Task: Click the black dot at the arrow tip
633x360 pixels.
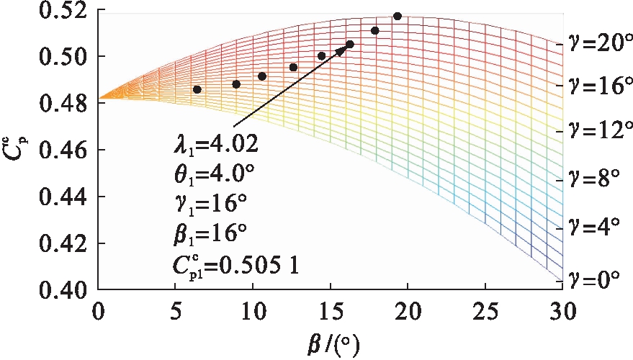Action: point(350,45)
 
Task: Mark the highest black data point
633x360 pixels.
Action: point(398,16)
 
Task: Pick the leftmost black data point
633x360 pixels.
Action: point(197,89)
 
